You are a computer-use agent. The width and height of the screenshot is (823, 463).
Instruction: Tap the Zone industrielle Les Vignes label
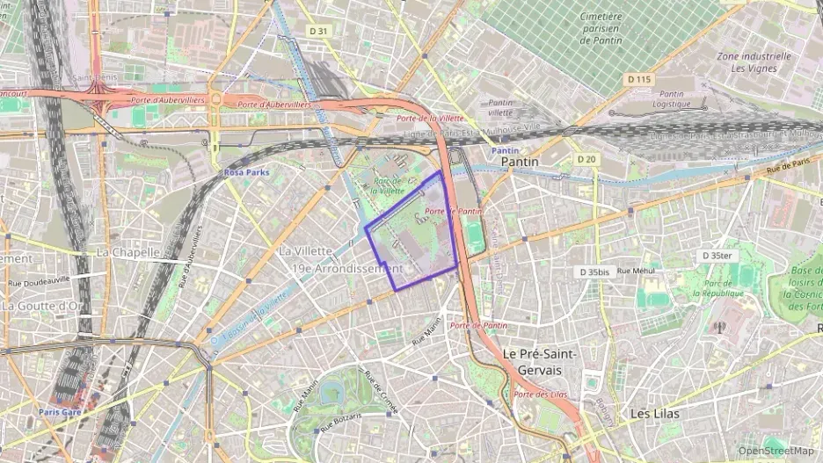pyautogui.click(x=754, y=61)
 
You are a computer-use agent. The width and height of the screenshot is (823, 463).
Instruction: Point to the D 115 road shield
pyautogui.click(x=639, y=79)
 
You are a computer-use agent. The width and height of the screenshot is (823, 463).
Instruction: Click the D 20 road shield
pyautogui.click(x=587, y=159)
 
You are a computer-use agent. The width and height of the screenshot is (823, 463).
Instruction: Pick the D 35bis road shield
pyautogui.click(x=594, y=272)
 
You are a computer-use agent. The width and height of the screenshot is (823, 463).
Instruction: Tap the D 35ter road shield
pyautogui.click(x=716, y=256)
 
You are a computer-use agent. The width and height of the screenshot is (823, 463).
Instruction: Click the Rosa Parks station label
pyautogui.click(x=246, y=172)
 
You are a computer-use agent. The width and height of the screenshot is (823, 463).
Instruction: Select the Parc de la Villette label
pyautogui.click(x=387, y=184)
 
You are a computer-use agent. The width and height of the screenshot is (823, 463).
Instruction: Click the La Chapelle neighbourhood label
pyautogui.click(x=127, y=252)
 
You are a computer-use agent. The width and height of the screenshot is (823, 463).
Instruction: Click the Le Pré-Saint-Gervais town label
pyautogui.click(x=539, y=361)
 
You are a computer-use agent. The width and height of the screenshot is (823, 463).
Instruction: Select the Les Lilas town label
pyautogui.click(x=655, y=413)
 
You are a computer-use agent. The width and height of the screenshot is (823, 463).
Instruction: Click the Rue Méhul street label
pyautogui.click(x=637, y=271)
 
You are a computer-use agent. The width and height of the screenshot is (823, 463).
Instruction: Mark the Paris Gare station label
pyautogui.click(x=61, y=411)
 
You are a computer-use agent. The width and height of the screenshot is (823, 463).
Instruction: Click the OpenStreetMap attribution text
pyautogui.click(x=776, y=451)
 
